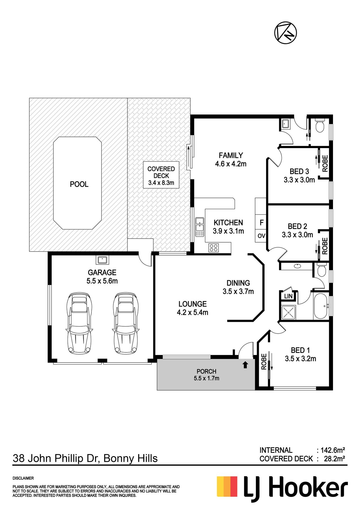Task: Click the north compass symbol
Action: (x=285, y=33)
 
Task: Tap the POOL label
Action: (x=79, y=184)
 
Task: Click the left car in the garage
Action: (x=79, y=323)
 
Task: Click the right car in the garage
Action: (x=126, y=323)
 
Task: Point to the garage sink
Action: (x=102, y=259)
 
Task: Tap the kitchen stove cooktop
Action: (x=213, y=248)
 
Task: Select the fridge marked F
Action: (x=261, y=223)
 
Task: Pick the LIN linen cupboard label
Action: (x=288, y=296)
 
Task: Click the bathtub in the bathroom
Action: (x=321, y=306)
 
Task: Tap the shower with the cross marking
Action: (x=288, y=312)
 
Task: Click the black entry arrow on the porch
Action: (x=245, y=365)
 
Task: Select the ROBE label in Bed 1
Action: (x=264, y=362)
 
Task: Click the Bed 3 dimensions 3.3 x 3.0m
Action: (x=299, y=180)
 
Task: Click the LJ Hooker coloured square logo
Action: (x=227, y=486)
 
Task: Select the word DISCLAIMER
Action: (x=23, y=478)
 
